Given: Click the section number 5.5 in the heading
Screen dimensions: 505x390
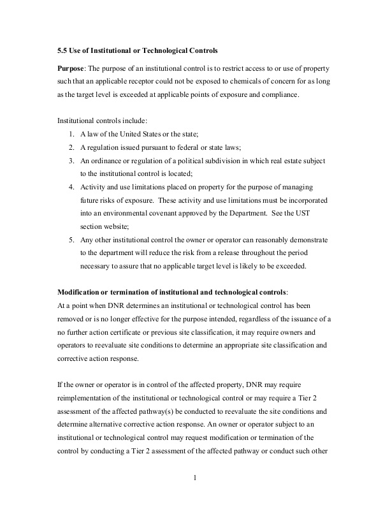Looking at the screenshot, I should [x=63, y=50].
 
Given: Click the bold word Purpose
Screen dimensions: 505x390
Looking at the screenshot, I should [x=71, y=68].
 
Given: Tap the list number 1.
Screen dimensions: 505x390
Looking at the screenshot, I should [x=71, y=134].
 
